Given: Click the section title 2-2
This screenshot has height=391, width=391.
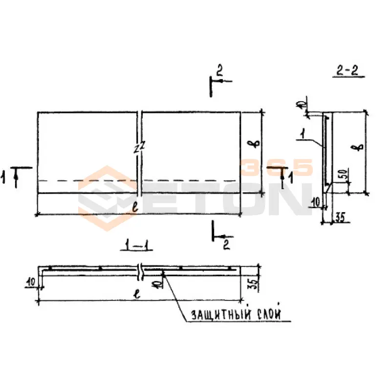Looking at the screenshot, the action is pyautogui.click(x=347, y=71).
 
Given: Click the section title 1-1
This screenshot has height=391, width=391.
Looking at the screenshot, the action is pyautogui.click(x=136, y=246).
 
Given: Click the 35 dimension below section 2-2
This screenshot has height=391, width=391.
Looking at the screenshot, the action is pyautogui.click(x=339, y=217).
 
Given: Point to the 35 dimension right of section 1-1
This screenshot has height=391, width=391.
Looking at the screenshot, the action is pyautogui.click(x=253, y=284).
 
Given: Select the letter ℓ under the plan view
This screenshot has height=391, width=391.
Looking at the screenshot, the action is pyautogui.click(x=136, y=207).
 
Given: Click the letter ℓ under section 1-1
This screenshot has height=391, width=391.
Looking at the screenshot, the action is pyautogui.click(x=137, y=294).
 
